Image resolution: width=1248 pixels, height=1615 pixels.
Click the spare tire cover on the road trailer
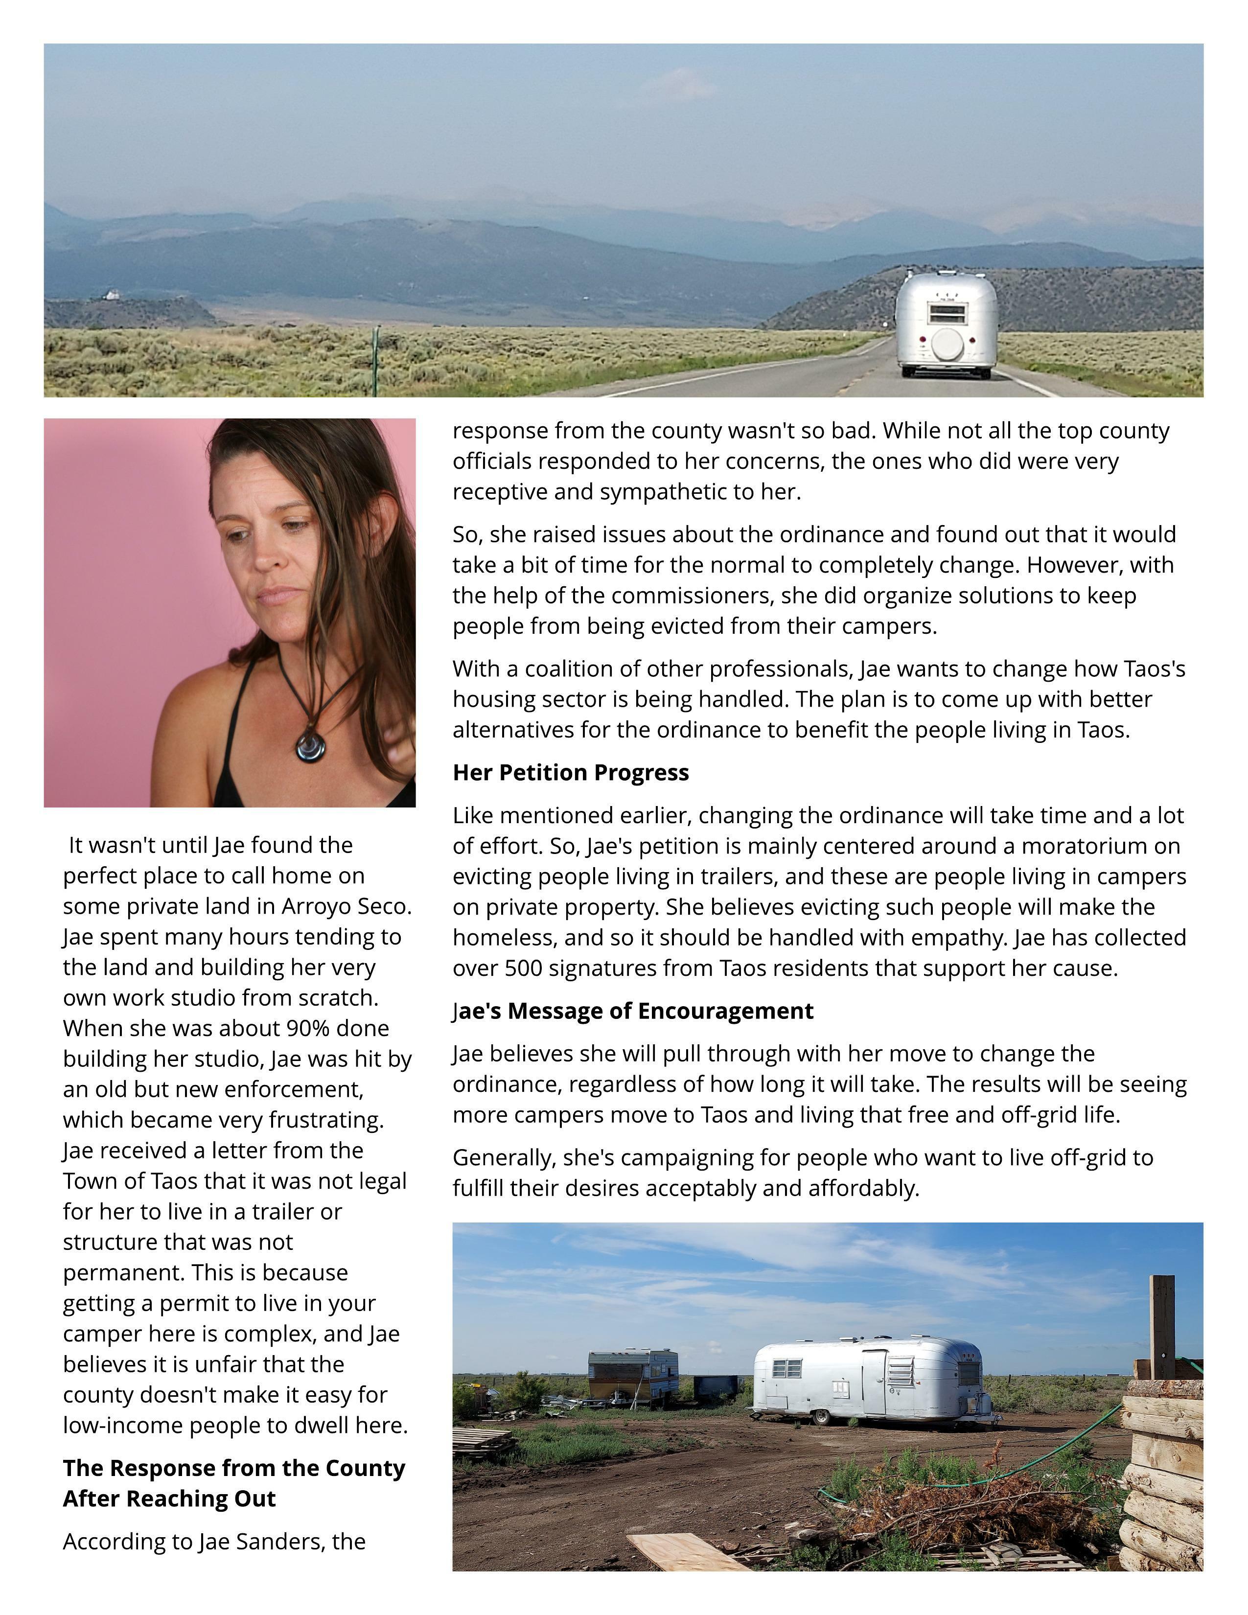pyautogui.click(x=947, y=344)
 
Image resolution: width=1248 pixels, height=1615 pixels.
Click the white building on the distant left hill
pyautogui.click(x=112, y=295)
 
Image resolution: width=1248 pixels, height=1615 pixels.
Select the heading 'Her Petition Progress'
pyautogui.click(x=570, y=773)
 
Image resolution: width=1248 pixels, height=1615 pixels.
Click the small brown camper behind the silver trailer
pyautogui.click(x=633, y=1375)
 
